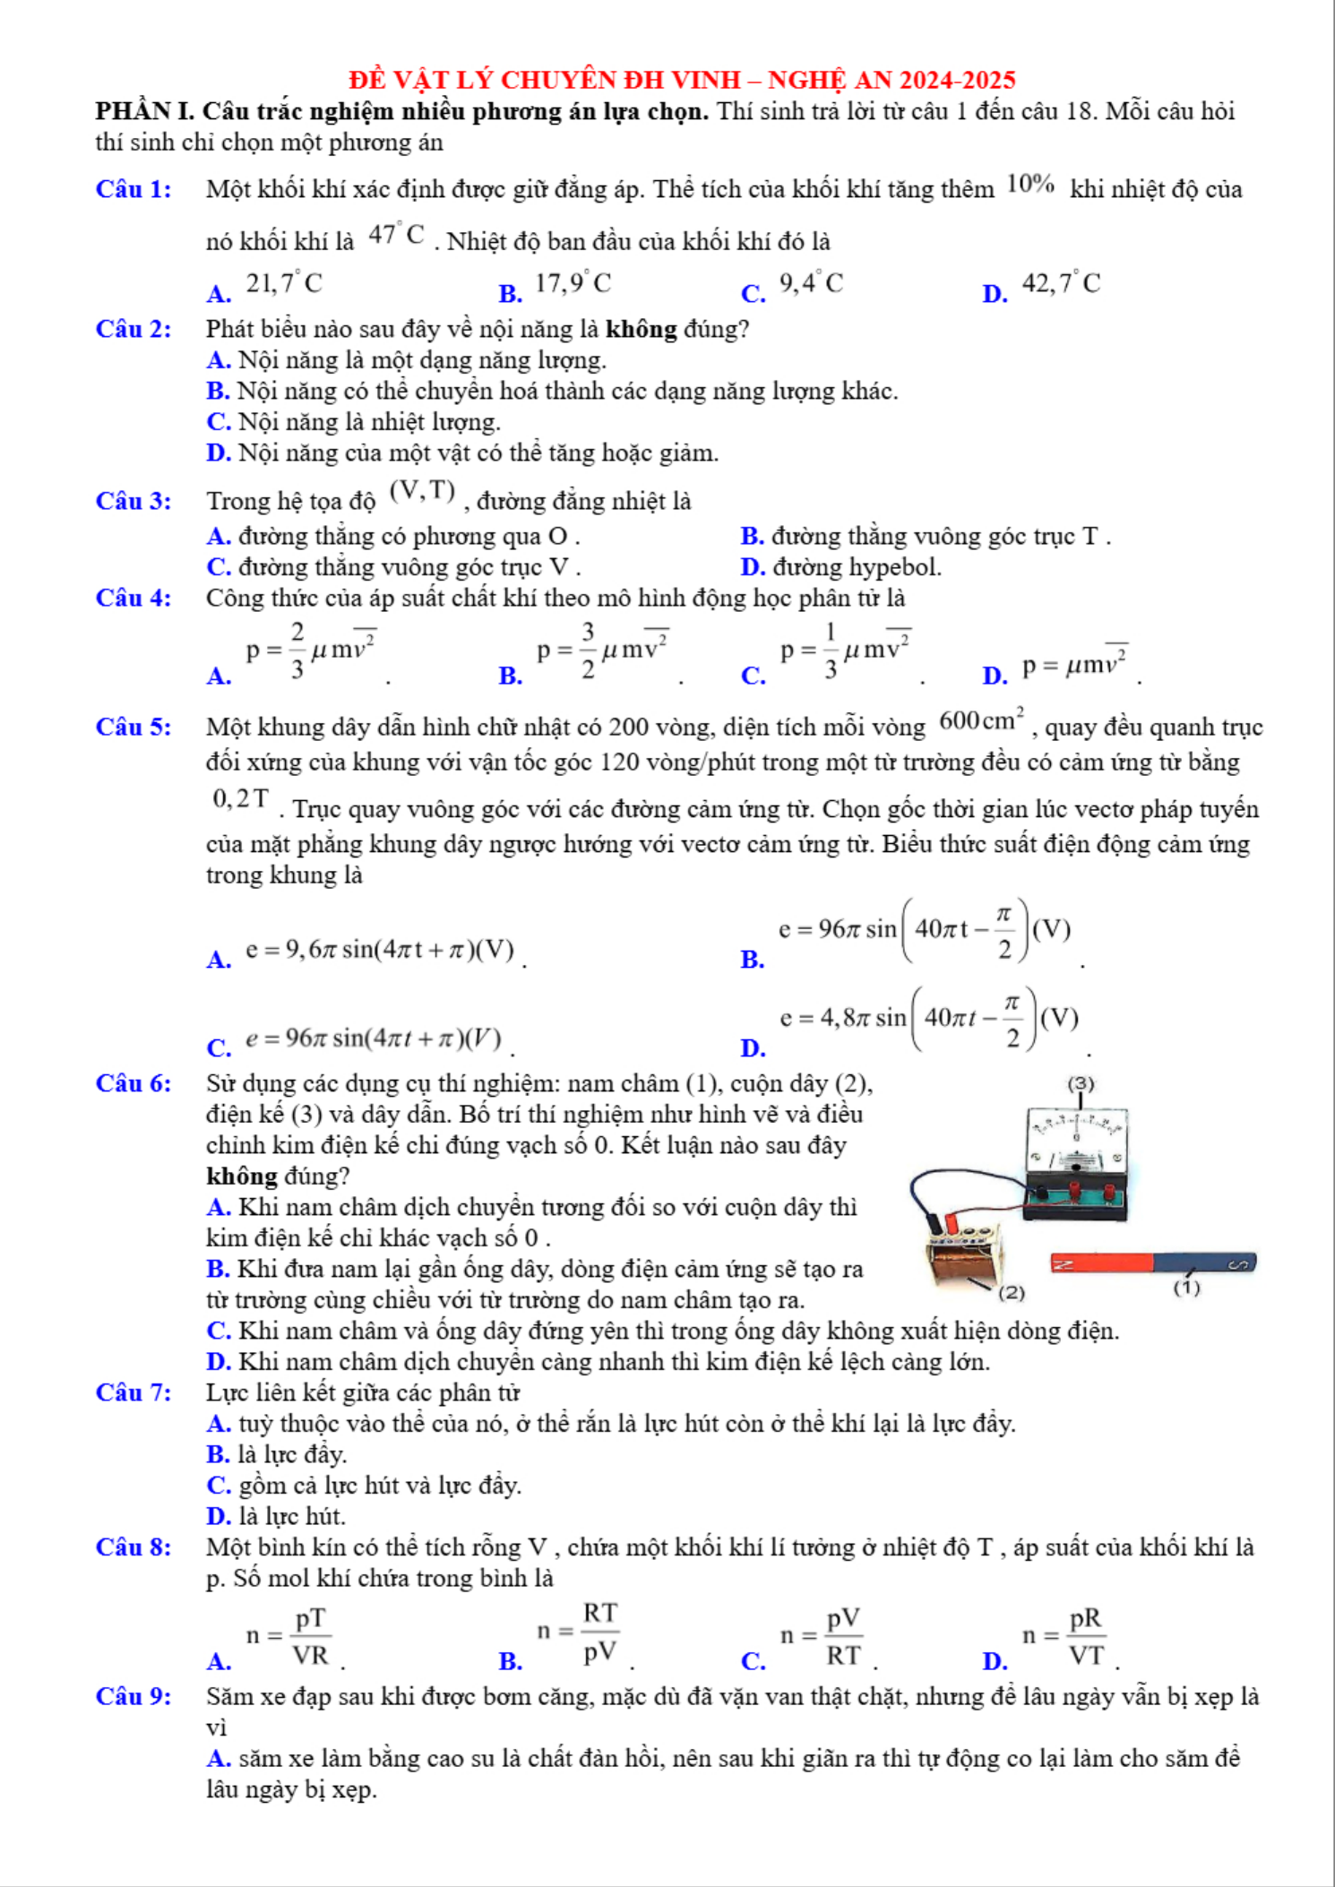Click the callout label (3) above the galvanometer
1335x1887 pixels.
tap(1081, 1084)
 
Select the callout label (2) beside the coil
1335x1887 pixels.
tap(1012, 1292)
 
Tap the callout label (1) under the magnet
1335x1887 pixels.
tap(1186, 1288)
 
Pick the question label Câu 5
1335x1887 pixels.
tap(133, 727)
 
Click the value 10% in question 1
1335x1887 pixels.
tap(1030, 185)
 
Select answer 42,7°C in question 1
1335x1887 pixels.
tap(1061, 284)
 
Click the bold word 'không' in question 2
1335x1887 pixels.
tap(641, 330)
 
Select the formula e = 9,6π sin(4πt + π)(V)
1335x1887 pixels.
tap(380, 950)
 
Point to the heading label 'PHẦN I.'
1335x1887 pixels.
tap(145, 111)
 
